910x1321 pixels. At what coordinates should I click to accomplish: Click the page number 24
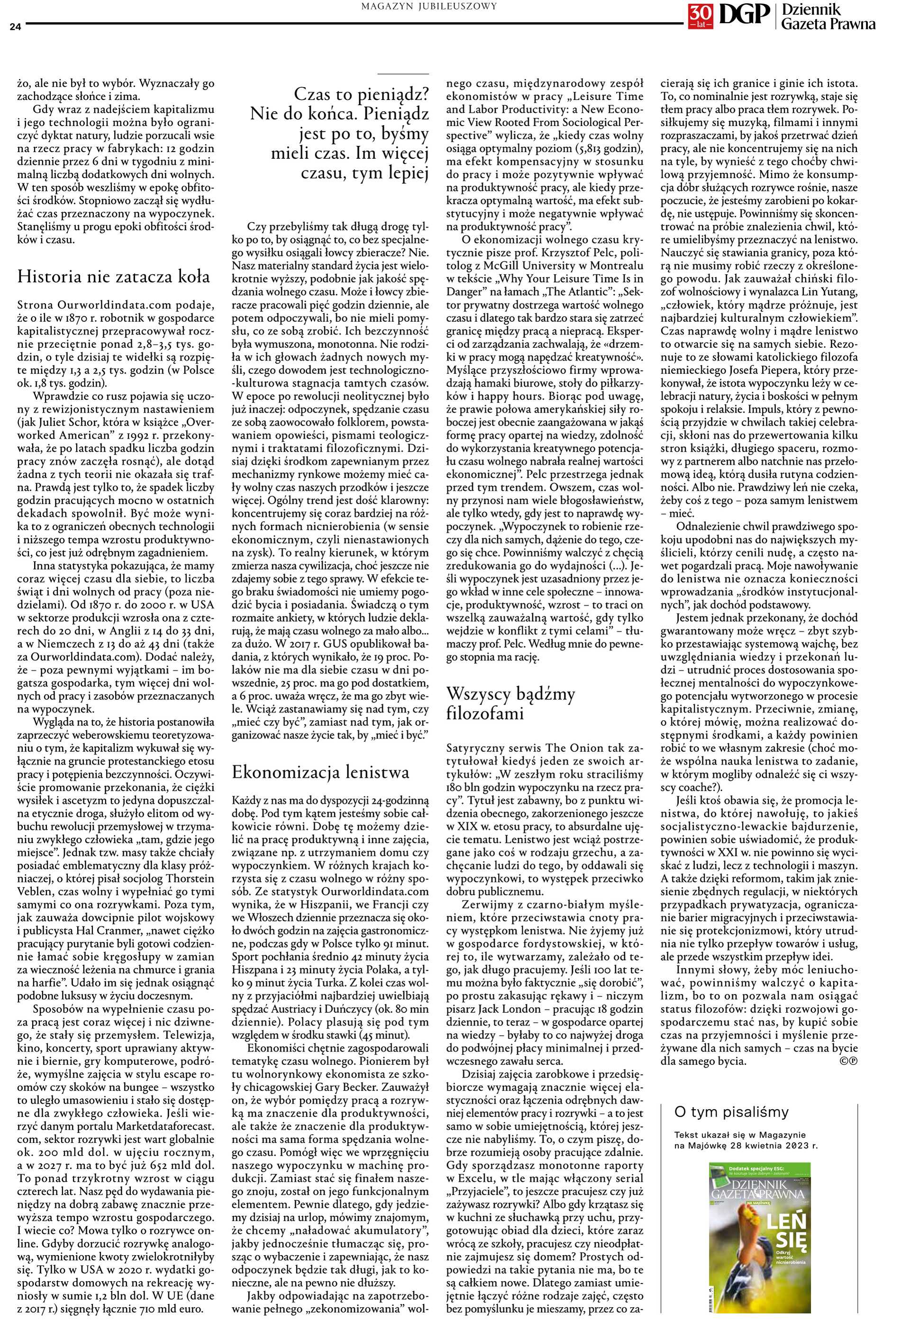[14, 26]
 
